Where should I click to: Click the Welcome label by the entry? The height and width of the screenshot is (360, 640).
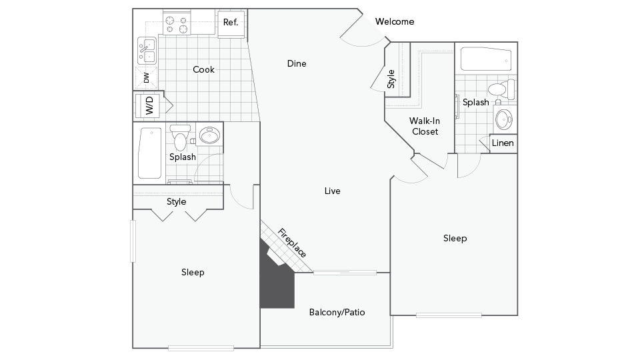(395, 21)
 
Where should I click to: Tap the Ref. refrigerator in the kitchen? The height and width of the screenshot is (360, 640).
(231, 23)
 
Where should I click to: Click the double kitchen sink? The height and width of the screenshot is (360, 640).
(147, 51)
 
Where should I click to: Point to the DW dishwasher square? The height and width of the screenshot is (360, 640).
(146, 77)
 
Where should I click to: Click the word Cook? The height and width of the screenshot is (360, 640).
(204, 70)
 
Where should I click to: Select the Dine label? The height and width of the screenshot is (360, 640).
(297, 64)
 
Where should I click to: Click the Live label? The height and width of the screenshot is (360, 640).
(332, 191)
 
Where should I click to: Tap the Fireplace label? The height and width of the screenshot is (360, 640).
(292, 243)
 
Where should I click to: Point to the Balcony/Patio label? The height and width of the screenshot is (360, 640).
(337, 312)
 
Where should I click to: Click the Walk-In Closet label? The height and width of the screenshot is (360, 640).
(425, 126)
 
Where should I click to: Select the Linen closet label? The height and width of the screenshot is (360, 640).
(503, 143)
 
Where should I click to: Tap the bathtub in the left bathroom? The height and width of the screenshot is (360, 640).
(150, 153)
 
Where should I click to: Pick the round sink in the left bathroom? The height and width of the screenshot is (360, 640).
(210, 135)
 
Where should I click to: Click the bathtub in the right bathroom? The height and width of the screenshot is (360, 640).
(486, 59)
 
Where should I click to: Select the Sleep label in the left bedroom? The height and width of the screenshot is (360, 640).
(193, 273)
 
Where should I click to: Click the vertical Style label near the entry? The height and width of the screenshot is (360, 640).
(391, 79)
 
